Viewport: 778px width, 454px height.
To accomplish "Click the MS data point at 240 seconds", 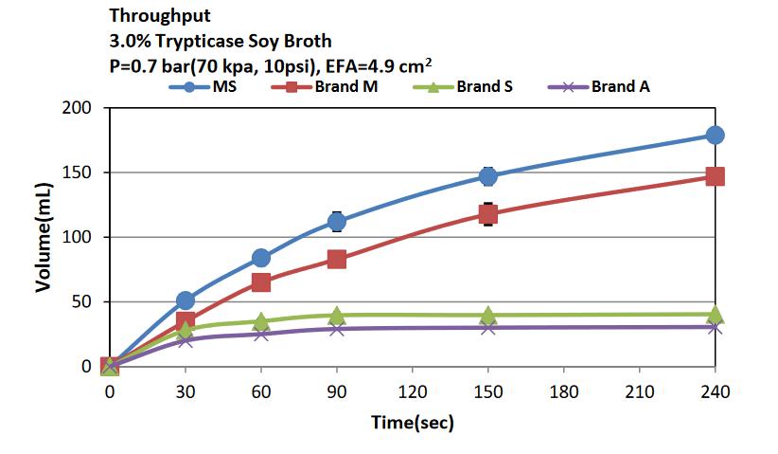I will (715, 135).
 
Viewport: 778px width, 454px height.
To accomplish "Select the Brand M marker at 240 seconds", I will (715, 176).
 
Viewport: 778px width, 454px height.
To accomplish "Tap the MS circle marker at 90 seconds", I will (337, 222).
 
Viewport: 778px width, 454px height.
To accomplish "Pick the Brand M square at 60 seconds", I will (261, 282).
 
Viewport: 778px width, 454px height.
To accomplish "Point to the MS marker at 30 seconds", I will (186, 301).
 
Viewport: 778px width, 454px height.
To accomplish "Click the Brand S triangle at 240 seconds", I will (715, 315).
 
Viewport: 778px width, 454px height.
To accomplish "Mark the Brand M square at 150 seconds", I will (487, 215).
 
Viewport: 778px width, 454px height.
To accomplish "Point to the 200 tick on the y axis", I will (83, 108).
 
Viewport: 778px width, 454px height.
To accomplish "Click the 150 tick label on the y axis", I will (83, 173).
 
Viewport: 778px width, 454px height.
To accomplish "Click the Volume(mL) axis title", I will (44, 237).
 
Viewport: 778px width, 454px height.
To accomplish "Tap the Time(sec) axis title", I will (411, 423).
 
